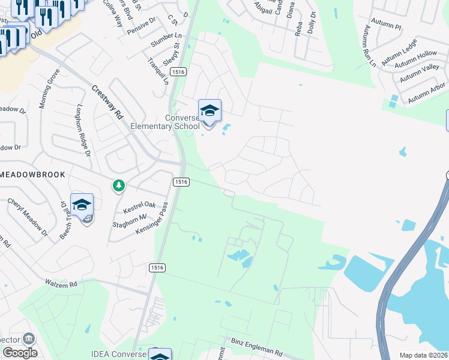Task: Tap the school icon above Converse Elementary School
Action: click(209, 111)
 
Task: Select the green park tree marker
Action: click(119, 186)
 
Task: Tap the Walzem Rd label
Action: click(61, 283)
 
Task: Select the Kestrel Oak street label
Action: click(139, 208)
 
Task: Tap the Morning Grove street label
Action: click(49, 88)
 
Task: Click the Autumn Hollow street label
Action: click(418, 58)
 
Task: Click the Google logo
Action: click(19, 353)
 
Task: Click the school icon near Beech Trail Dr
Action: click(82, 205)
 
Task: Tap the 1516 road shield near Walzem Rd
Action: click(155, 265)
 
